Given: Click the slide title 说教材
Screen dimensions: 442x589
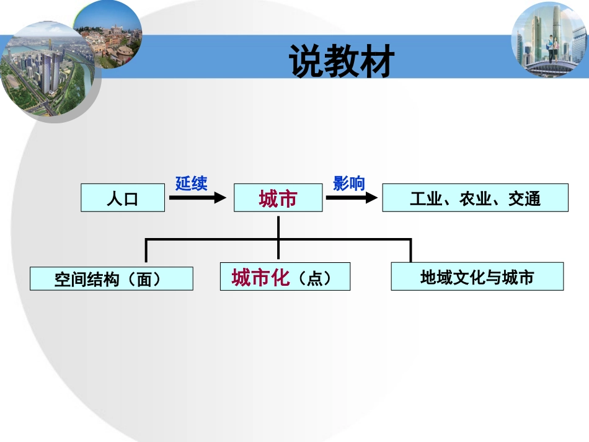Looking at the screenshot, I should coord(342,61).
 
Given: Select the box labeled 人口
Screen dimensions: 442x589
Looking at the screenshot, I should coord(123,198).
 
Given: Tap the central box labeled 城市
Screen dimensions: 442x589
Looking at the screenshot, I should coord(278,198).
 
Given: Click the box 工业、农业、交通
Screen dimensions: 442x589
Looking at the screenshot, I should coord(475,198).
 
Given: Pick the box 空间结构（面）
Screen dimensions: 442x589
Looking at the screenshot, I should coord(112,279).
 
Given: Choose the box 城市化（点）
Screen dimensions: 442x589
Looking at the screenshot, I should coord(285,277).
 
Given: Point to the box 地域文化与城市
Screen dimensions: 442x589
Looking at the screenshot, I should coord(477,277).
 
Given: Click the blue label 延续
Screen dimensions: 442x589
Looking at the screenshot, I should coord(191,183).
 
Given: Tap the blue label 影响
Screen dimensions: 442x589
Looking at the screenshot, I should coord(349,183).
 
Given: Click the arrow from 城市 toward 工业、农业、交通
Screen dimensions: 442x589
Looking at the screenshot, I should coord(352,198).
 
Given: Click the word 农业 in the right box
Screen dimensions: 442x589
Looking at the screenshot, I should coord(476,198).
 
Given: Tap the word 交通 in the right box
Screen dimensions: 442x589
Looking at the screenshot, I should coord(524,198).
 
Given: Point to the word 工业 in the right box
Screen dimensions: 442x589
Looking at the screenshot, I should coord(426,198).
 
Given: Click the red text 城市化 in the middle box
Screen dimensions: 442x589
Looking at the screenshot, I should coord(261,278).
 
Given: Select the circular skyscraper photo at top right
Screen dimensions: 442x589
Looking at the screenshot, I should coord(549,40).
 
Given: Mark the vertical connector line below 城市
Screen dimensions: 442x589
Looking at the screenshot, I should coord(278,239).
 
